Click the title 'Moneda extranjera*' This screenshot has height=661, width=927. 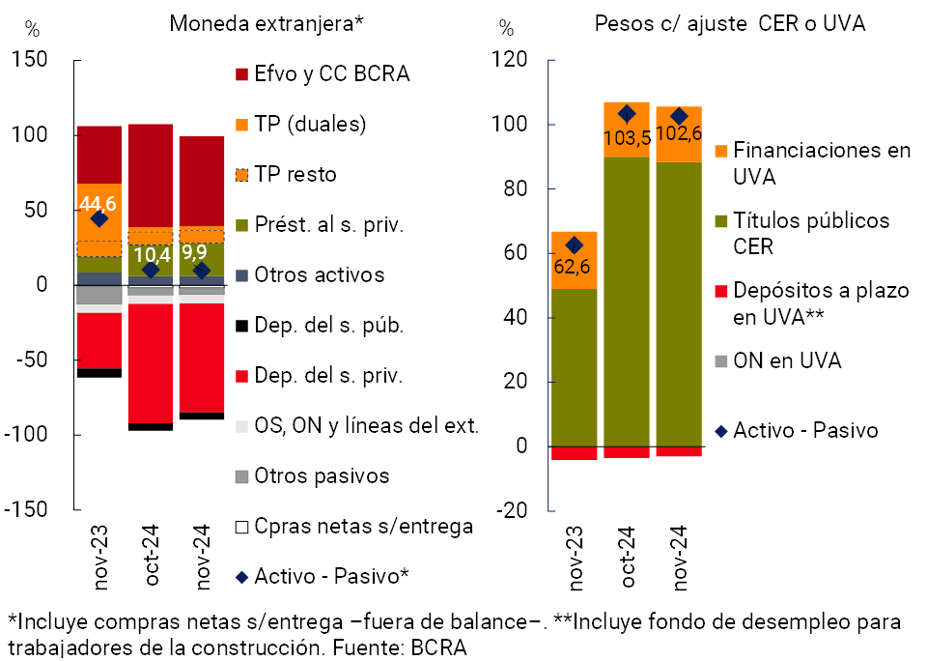[x=266, y=23]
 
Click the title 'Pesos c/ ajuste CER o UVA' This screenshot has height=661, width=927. [x=730, y=23]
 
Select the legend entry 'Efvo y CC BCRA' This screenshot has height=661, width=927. [x=331, y=73]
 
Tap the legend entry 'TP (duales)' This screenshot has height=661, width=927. [x=310, y=124]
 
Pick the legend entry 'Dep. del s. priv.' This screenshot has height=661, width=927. [x=328, y=376]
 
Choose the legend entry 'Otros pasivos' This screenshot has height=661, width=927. [x=322, y=476]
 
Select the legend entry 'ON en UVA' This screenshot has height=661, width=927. [x=787, y=360]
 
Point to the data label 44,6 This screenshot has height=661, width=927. [x=98, y=205]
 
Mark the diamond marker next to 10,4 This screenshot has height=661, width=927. [x=151, y=270]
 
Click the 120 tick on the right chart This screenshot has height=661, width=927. [x=515, y=60]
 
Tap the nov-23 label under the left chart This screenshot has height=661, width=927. [x=98, y=557]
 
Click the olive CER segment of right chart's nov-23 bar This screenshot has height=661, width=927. [x=574, y=367]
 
